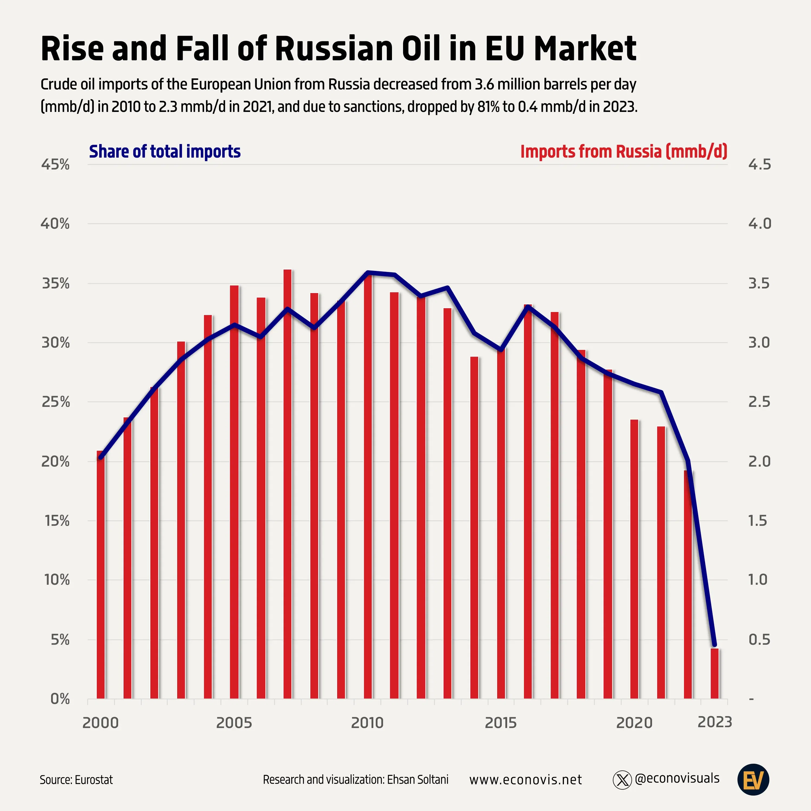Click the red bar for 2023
(x=714, y=673)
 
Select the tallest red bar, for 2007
(x=288, y=483)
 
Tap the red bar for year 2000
(x=101, y=575)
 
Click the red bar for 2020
(x=634, y=558)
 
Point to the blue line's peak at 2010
(x=368, y=272)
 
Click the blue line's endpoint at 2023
(x=714, y=644)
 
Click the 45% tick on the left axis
(x=55, y=165)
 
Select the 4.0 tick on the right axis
(x=759, y=224)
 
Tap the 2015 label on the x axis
(x=500, y=723)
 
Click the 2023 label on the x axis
(x=714, y=722)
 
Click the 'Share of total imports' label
(x=165, y=152)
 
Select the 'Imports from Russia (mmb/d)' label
(x=623, y=152)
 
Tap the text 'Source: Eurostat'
(x=77, y=780)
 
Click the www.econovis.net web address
(x=526, y=780)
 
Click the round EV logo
(x=753, y=780)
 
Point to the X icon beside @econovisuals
(x=622, y=780)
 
